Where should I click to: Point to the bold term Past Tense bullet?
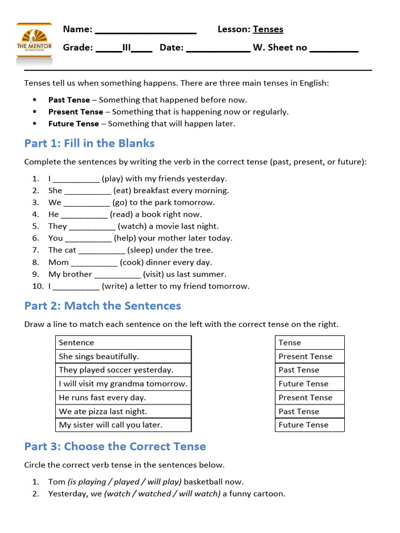tap(69, 99)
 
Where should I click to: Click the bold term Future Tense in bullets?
tap(73, 123)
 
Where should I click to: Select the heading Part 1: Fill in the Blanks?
tap(90, 143)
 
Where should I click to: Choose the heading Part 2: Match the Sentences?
tap(103, 306)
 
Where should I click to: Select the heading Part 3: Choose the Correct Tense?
tap(115, 446)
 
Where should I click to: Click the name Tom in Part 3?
tap(57, 481)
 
